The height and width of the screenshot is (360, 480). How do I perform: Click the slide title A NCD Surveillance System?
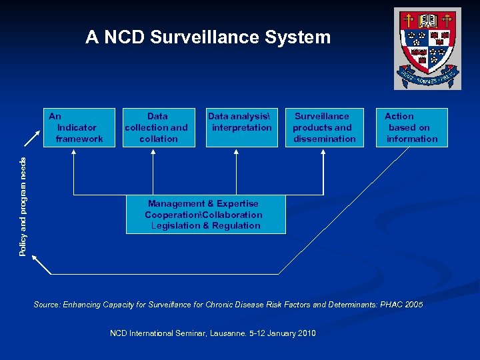click(208, 37)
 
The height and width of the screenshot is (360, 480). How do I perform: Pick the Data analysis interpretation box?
click(241, 127)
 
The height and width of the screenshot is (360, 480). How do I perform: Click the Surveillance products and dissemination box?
click(323, 127)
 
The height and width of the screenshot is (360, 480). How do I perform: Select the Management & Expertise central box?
click(205, 214)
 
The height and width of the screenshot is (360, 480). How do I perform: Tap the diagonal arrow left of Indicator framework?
click(31, 137)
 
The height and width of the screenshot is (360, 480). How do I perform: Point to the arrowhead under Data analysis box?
click(236, 153)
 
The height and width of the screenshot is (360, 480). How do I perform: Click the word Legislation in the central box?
click(175, 225)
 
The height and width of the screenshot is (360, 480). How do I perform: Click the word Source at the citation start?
click(46, 305)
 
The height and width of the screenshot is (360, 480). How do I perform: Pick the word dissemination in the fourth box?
click(325, 139)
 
